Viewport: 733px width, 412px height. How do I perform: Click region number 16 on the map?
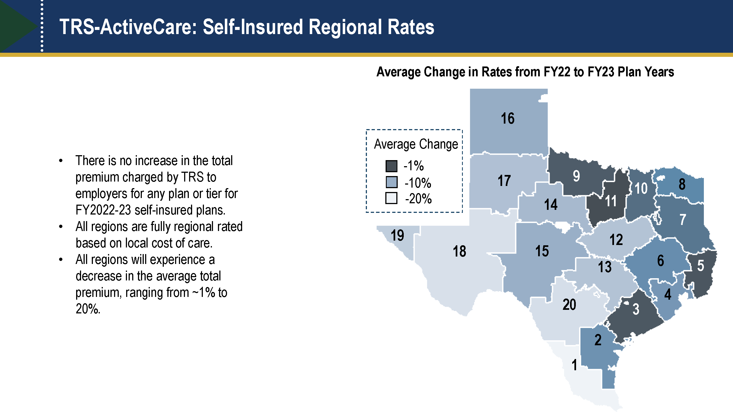(x=507, y=118)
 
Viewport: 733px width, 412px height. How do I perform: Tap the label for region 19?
(x=397, y=235)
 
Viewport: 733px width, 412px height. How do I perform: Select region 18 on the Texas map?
(x=459, y=251)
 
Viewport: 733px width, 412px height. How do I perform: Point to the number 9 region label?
(x=576, y=176)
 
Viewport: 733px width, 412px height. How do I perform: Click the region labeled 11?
(x=610, y=201)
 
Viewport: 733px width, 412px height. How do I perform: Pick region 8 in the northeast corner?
(x=682, y=184)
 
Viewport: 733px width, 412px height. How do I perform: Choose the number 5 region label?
(x=700, y=266)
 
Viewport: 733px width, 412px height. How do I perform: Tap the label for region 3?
(x=636, y=309)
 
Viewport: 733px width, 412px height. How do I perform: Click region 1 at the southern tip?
(x=574, y=365)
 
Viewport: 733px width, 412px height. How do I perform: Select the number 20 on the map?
(x=569, y=305)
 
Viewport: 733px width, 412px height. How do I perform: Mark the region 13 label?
(x=604, y=267)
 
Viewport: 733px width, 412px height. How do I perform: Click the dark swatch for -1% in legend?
(x=391, y=166)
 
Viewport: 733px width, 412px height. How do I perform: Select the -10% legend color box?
(x=391, y=182)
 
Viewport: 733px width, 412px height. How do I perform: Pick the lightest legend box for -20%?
(x=391, y=198)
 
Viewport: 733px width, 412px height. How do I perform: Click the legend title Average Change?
(x=416, y=144)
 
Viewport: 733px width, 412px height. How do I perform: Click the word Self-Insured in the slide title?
(x=253, y=27)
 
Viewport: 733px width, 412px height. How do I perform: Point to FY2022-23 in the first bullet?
(x=103, y=210)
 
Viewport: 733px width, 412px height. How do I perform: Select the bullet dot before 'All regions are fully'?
(x=61, y=227)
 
